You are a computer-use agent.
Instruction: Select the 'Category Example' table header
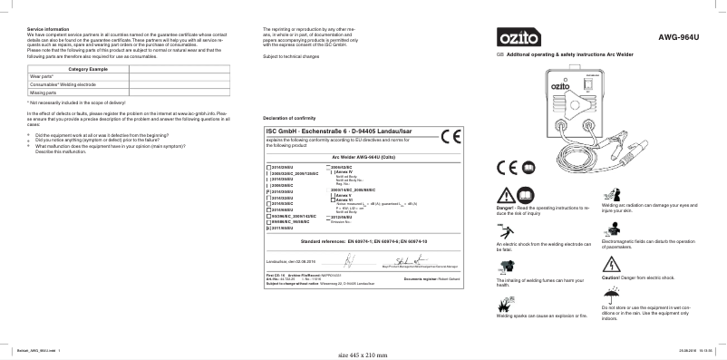[x=88, y=69]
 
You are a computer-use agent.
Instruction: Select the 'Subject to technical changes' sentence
[x=291, y=56]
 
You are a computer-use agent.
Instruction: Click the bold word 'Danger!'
[x=505, y=208]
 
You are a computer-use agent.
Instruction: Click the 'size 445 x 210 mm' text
[x=362, y=354]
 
